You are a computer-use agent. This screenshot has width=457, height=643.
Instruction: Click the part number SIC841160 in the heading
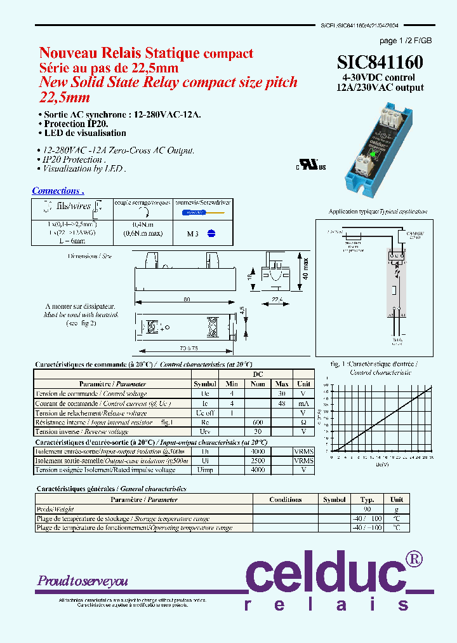click(380, 62)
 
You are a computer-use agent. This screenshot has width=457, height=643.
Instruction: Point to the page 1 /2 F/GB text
click(406, 41)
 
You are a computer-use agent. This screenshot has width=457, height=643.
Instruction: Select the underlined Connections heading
click(58, 191)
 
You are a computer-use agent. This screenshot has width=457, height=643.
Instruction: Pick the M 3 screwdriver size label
click(193, 233)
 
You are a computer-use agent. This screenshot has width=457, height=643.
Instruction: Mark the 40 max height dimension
click(305, 269)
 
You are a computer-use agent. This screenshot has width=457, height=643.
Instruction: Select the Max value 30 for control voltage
click(282, 393)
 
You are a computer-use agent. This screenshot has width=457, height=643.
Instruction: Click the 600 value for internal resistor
click(258, 422)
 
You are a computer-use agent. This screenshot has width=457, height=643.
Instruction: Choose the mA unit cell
click(304, 403)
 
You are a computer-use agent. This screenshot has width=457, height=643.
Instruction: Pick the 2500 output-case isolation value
click(257, 461)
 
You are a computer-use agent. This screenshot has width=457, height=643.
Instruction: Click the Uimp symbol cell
click(205, 470)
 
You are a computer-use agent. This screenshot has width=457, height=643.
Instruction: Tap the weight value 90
click(367, 510)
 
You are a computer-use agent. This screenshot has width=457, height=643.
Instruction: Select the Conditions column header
click(284, 499)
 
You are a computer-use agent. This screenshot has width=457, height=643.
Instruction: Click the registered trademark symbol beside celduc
click(414, 558)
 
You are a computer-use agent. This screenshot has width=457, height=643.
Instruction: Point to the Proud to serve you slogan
click(83, 581)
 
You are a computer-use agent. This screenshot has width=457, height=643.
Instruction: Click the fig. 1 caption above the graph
click(374, 365)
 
